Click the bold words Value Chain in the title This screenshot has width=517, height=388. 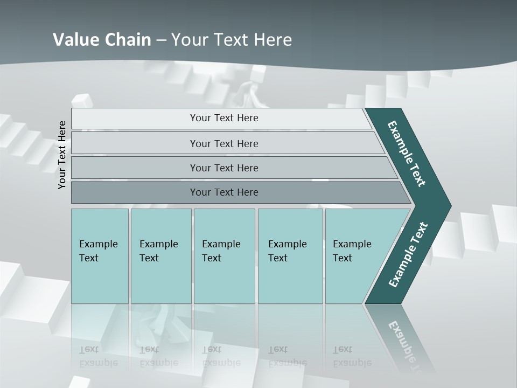pyautogui.click(x=102, y=40)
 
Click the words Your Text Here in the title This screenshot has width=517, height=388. pyautogui.click(x=232, y=40)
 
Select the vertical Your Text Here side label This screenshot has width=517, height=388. pyautogui.click(x=62, y=155)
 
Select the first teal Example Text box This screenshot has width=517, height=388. pyautogui.click(x=100, y=256)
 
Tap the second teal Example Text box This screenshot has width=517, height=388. pyautogui.click(x=160, y=256)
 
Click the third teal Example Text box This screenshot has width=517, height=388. pyautogui.click(x=223, y=256)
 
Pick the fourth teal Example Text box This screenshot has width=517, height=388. pyautogui.click(x=290, y=256)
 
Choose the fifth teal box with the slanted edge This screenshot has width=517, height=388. pyautogui.click(x=355, y=256)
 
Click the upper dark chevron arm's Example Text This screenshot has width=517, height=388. pyautogui.click(x=407, y=154)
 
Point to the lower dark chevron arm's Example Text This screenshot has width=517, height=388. pyautogui.click(x=408, y=255)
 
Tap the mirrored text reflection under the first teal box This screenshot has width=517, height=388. pyautogui.click(x=99, y=356)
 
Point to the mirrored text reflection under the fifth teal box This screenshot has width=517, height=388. pyautogui.click(x=352, y=356)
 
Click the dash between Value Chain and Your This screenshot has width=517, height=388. pyautogui.click(x=161, y=40)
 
